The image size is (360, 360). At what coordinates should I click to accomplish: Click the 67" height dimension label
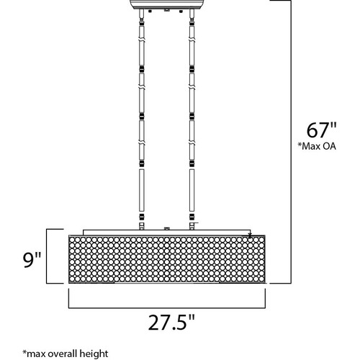[x=322, y=130]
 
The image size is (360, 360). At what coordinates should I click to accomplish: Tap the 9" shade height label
[x=32, y=260]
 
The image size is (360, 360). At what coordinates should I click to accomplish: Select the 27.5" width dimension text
[x=171, y=323]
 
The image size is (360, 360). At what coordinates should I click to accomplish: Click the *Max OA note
[x=317, y=146]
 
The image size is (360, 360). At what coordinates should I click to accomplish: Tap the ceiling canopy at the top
[x=168, y=4]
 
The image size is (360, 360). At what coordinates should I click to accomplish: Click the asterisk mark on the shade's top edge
[x=250, y=235]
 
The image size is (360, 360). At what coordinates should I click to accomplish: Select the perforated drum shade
[x=167, y=259]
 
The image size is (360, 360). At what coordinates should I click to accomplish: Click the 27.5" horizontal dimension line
[x=167, y=307]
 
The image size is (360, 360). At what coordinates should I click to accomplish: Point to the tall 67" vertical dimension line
[x=291, y=142]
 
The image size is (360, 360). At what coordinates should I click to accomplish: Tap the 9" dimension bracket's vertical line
[x=47, y=256]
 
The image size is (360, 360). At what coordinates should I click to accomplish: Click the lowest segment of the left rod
[x=142, y=190]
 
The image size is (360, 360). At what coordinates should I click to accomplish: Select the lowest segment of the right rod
[x=192, y=190]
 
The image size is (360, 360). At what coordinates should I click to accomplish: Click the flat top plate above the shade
[x=167, y=233]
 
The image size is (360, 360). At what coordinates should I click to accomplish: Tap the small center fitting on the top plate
[x=167, y=228]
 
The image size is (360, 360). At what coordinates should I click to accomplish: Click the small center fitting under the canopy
[x=167, y=10]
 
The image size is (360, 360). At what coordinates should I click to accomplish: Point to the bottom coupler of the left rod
[x=142, y=216]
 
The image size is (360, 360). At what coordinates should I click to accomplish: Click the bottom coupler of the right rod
[x=192, y=216]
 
